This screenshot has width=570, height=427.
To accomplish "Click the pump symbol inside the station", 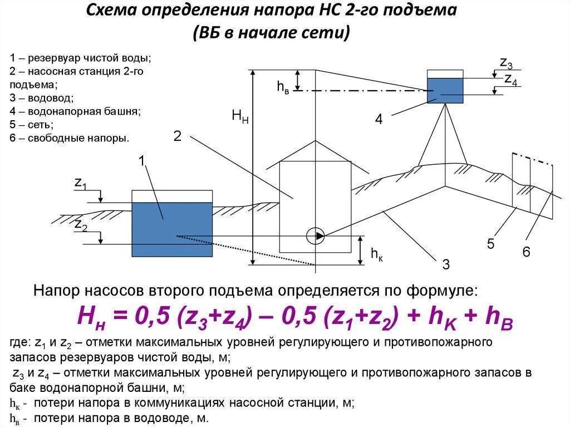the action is (x=316, y=235).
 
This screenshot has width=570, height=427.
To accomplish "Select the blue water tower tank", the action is (x=445, y=90).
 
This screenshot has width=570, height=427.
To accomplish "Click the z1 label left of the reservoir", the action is (x=80, y=183).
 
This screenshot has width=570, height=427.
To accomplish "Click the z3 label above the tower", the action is (x=506, y=63).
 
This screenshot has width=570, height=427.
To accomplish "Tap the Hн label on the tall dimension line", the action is (x=240, y=116).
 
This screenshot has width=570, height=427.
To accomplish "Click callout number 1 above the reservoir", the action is (x=142, y=161).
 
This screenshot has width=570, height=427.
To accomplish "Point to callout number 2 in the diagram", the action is (x=178, y=136).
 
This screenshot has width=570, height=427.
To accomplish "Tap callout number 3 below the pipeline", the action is (x=446, y=264).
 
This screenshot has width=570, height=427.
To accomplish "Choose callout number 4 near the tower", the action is (x=379, y=119).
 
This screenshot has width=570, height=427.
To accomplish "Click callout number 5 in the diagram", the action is (x=490, y=243).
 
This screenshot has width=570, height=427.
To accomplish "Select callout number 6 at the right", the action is (x=526, y=252).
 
